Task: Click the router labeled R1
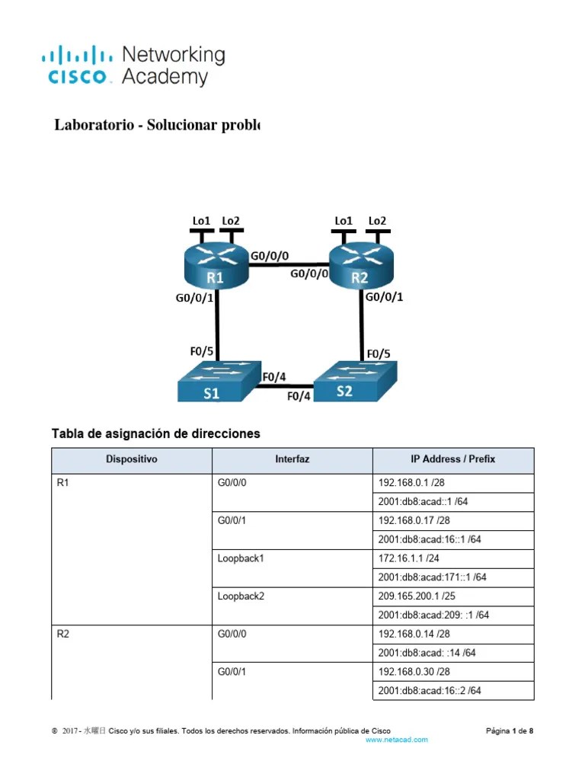[217, 267]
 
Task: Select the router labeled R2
[360, 267]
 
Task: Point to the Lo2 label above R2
[377, 221]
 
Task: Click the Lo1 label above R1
[202, 221]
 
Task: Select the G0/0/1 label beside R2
[384, 298]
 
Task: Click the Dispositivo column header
[131, 460]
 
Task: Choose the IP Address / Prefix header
[452, 460]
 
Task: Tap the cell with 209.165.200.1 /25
[452, 596]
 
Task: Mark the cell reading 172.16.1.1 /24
[452, 558]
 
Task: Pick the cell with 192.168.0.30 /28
[452, 672]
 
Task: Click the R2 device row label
[64, 634]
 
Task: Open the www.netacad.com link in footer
[397, 740]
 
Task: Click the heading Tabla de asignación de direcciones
[155, 433]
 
